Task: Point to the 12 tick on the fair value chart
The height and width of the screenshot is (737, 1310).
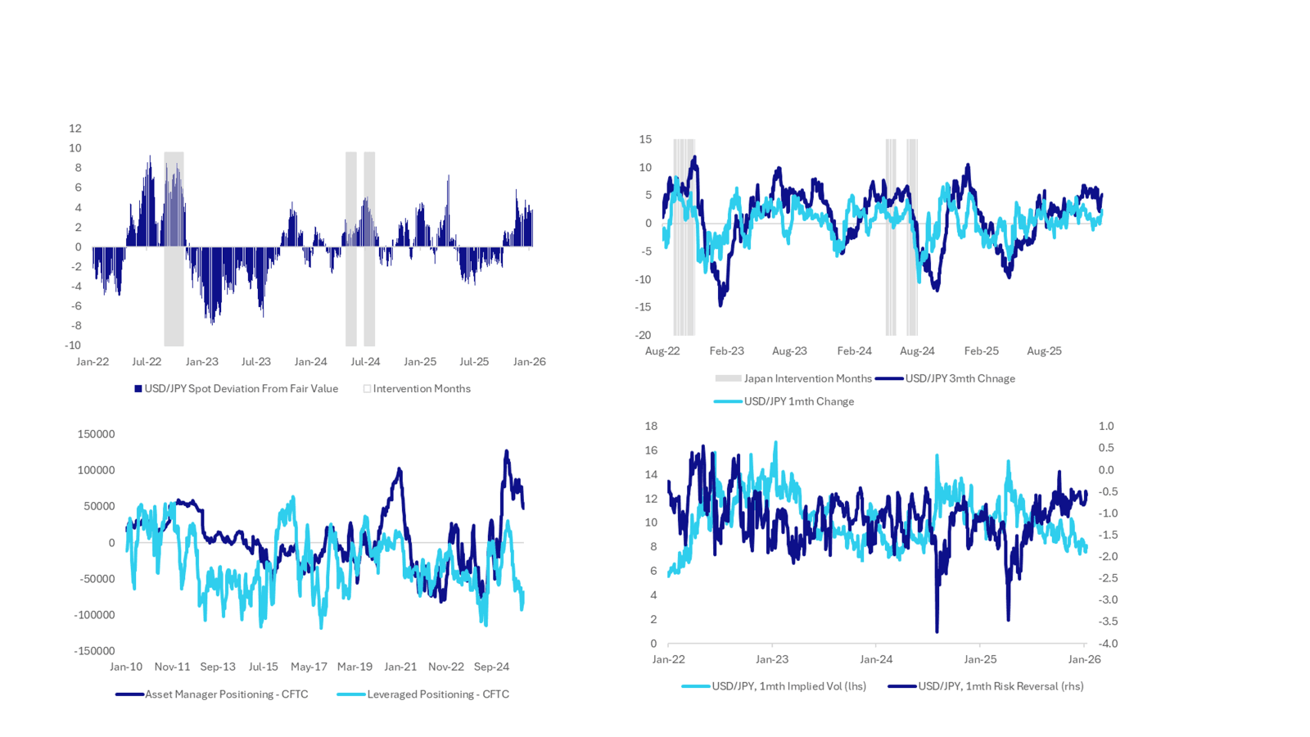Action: (x=75, y=129)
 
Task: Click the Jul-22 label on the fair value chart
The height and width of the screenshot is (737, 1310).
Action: (x=147, y=362)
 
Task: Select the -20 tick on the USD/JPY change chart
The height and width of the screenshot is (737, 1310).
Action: (x=643, y=335)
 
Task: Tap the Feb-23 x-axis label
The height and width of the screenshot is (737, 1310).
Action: (x=726, y=351)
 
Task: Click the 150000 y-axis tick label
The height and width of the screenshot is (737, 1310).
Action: (x=96, y=434)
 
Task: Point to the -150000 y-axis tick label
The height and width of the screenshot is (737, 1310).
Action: (x=94, y=651)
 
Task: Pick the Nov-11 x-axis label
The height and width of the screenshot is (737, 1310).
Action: (x=172, y=667)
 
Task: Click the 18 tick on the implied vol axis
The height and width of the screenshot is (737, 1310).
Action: (x=651, y=426)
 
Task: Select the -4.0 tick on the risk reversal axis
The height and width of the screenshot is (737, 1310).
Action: (x=1106, y=644)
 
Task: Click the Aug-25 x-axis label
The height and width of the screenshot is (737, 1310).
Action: (x=1044, y=351)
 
